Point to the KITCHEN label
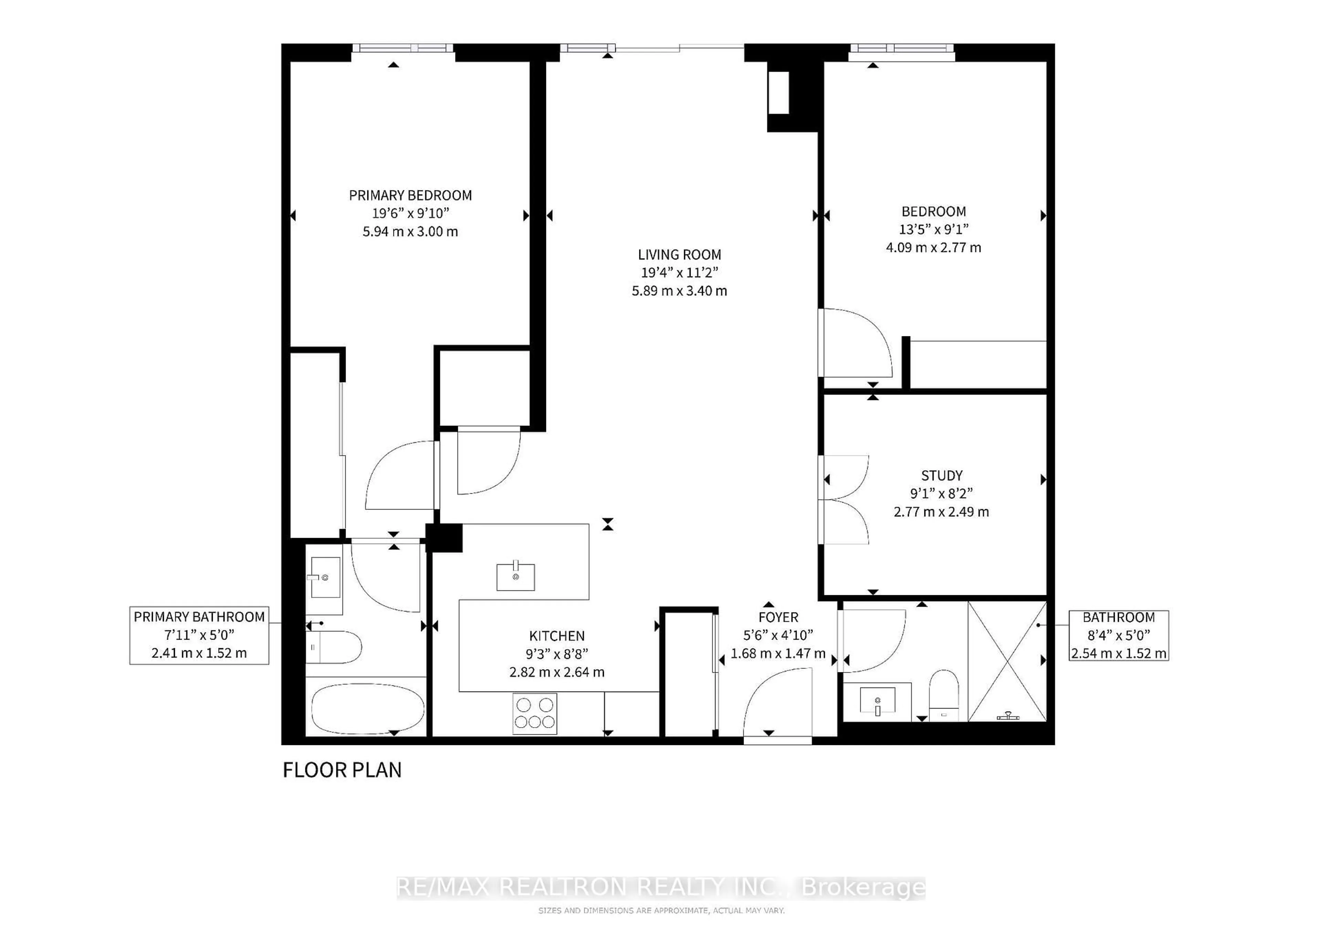point(557,635)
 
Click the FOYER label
point(778,617)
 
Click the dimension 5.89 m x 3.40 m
point(680,291)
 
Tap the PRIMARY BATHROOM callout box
point(199,635)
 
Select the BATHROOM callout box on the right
point(1119,635)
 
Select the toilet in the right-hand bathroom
point(944,695)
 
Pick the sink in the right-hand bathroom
point(878,700)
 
